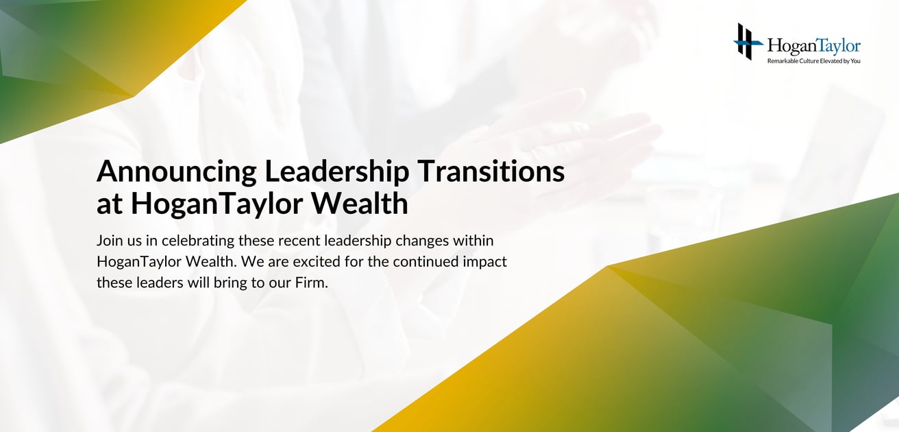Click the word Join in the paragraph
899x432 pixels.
108,241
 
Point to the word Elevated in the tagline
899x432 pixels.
829,61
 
